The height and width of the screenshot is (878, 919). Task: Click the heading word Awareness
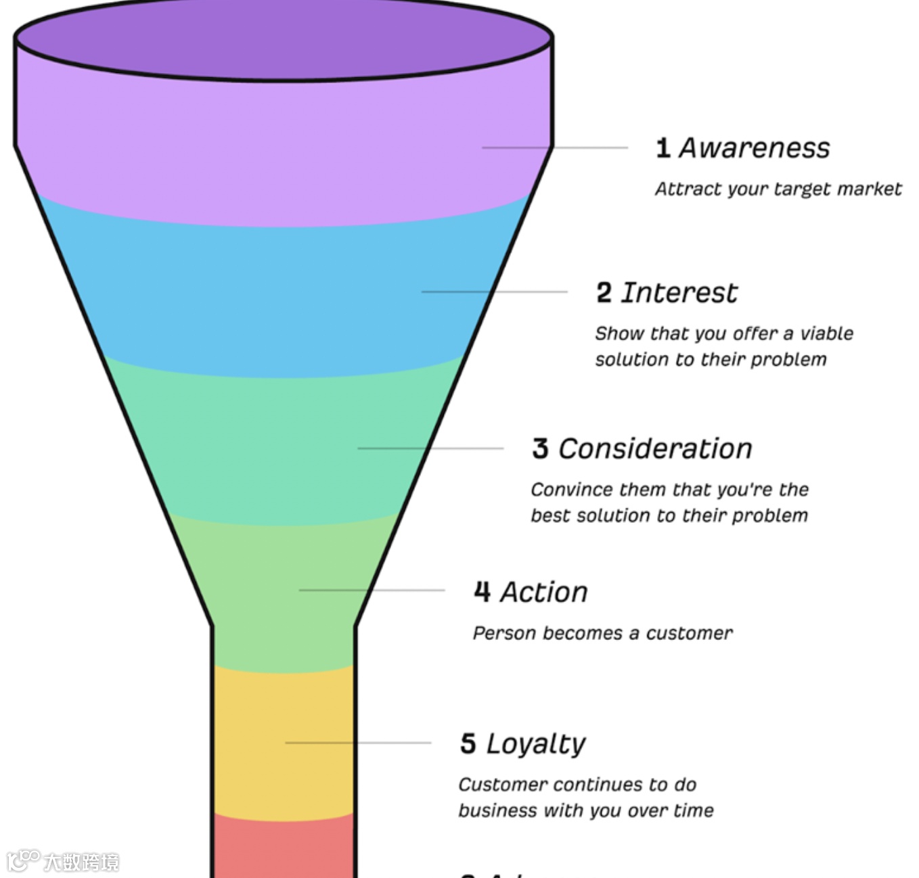coord(754,148)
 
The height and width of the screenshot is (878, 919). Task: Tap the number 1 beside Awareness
coord(663,148)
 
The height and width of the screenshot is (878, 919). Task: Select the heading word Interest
coord(679,293)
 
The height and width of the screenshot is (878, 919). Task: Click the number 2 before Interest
coord(604,293)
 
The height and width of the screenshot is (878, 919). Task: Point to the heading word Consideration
coord(655,449)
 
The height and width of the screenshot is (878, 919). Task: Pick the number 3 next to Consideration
coord(540,449)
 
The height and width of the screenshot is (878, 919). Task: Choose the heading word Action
coord(544,593)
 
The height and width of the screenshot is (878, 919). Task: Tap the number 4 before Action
coord(482,592)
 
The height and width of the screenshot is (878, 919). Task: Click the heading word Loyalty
coord(535,744)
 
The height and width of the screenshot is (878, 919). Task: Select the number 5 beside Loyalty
coord(468,743)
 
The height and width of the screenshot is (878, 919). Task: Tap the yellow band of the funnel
coord(283,744)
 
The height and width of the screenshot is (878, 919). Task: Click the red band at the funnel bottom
coord(283,849)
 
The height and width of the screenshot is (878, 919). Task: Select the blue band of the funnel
coord(283,298)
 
